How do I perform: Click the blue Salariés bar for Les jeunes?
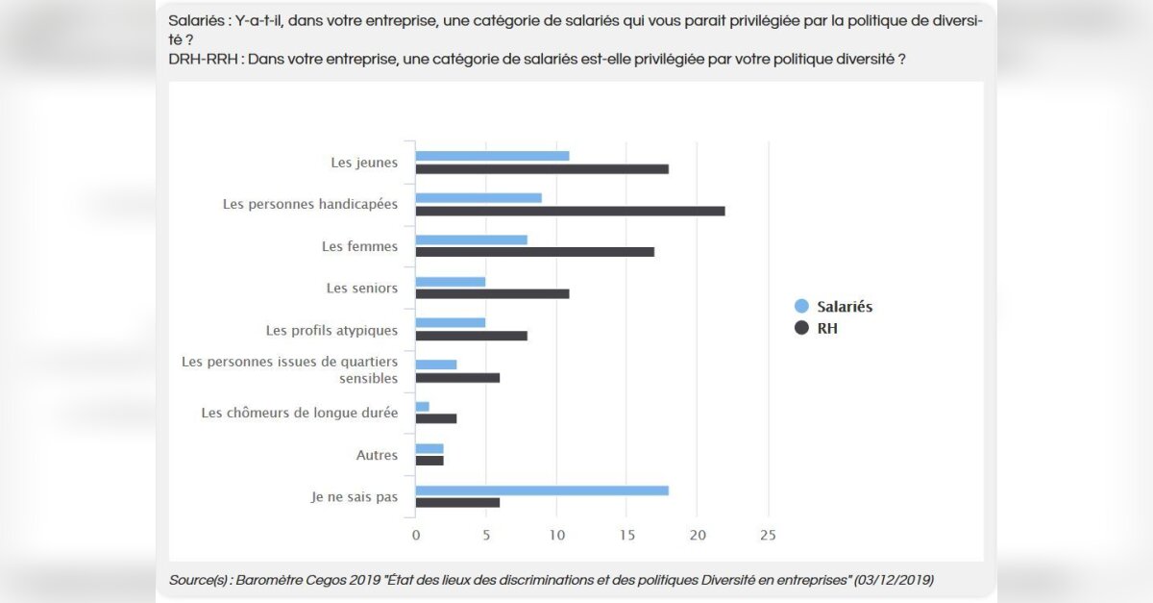(x=492, y=156)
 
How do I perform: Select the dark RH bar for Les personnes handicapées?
(x=570, y=211)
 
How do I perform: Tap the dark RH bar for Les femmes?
(x=534, y=252)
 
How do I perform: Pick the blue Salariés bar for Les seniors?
(x=450, y=282)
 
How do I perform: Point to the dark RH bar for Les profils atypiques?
(x=471, y=336)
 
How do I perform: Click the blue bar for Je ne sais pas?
(x=542, y=490)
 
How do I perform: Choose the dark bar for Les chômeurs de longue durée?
(x=436, y=418)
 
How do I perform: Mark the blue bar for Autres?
(x=429, y=448)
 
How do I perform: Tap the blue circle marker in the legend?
(x=801, y=307)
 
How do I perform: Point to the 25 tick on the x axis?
(x=768, y=534)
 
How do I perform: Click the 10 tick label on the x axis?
(x=556, y=534)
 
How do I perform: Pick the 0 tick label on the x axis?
(x=416, y=534)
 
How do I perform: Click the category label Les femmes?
(x=359, y=246)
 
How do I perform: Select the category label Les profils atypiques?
(x=331, y=330)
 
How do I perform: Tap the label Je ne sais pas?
(x=354, y=496)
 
